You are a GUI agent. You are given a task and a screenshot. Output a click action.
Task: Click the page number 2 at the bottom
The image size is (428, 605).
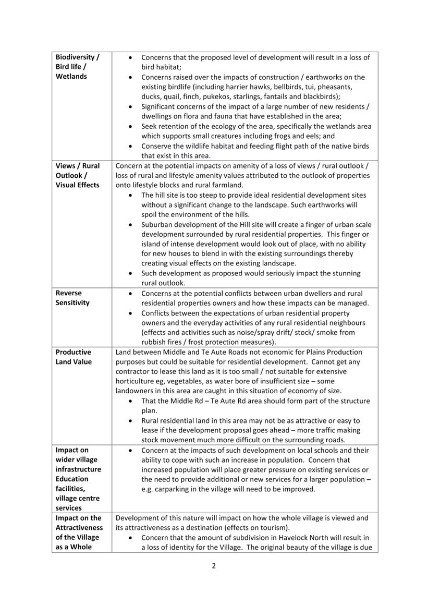pyautogui.click(x=214, y=566)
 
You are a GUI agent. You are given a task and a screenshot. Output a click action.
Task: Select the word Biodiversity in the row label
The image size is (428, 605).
pyautogui.click(x=75, y=57)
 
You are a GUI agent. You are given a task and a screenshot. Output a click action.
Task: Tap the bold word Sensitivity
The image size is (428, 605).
pyautogui.click(x=72, y=302)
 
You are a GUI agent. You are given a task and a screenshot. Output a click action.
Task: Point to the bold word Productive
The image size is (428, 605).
pyautogui.click(x=74, y=352)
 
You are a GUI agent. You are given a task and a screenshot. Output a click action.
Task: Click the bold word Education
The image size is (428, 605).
pyautogui.click(x=72, y=479)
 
